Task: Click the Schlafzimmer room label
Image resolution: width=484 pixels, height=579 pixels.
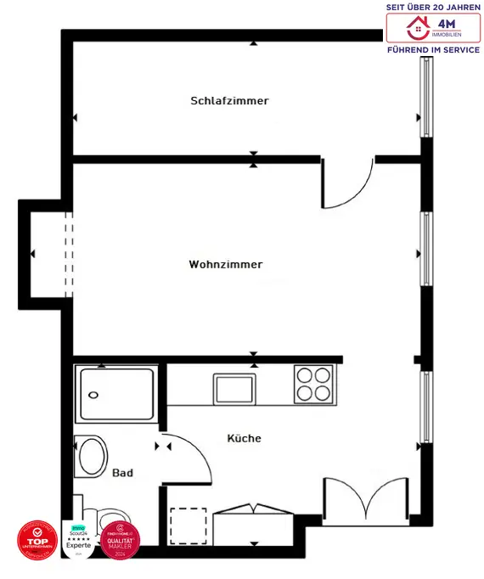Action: click(x=229, y=101)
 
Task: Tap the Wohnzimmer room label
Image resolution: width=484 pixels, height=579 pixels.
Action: click(x=226, y=265)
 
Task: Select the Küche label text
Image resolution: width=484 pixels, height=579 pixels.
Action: click(x=244, y=439)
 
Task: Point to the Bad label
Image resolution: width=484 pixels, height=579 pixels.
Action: click(x=122, y=473)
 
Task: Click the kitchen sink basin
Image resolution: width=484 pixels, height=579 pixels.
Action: click(x=234, y=389)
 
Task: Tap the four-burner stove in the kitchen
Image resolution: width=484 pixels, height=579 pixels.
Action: click(x=313, y=384)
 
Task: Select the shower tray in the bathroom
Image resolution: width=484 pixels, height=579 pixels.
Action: click(x=117, y=394)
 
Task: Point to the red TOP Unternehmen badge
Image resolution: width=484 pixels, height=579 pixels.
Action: click(x=37, y=540)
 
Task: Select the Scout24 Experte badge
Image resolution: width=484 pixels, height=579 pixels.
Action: click(x=78, y=539)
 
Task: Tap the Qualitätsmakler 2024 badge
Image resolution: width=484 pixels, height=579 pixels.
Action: click(x=120, y=540)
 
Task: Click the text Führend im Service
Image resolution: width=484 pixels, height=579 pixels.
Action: click(x=433, y=50)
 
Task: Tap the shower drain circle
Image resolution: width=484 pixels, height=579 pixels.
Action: click(x=93, y=395)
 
